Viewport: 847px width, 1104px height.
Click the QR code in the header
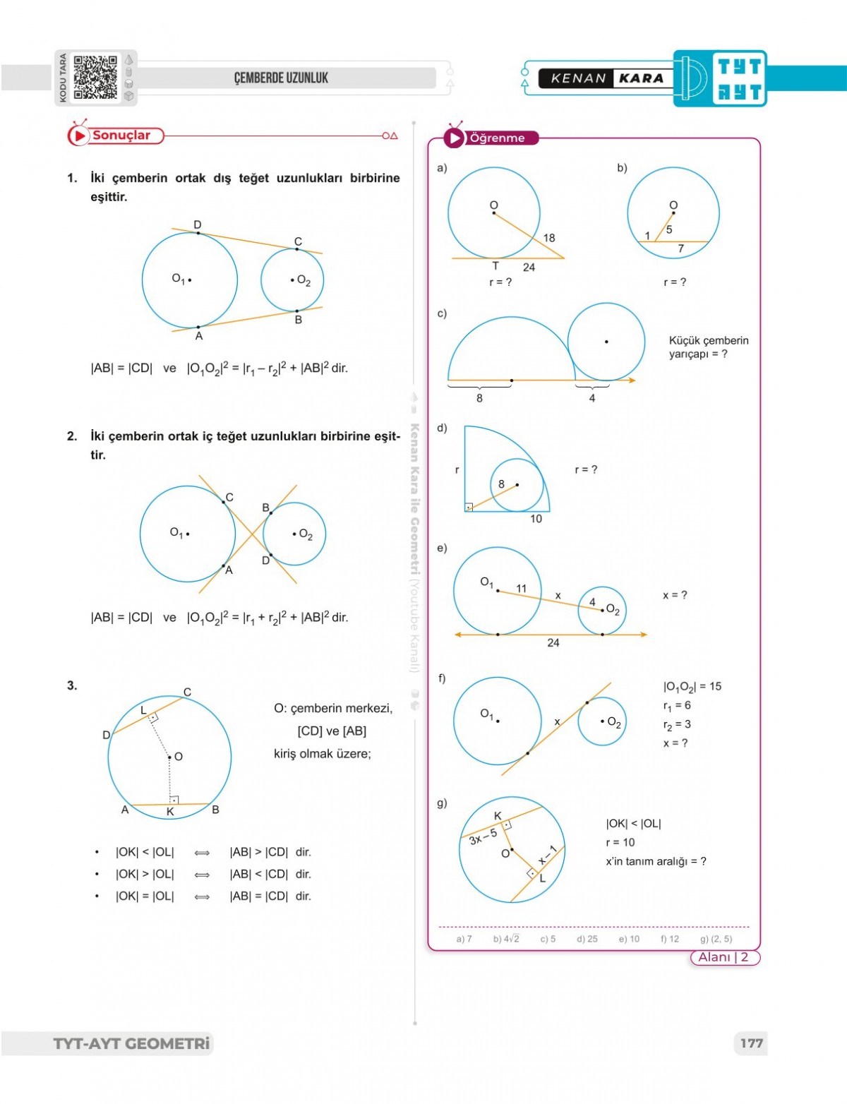point(95,78)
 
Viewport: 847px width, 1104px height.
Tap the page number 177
point(752,1043)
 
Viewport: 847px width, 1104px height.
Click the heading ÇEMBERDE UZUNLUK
point(281,78)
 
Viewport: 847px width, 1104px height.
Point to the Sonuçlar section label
point(121,136)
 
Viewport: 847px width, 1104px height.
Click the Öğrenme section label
point(497,138)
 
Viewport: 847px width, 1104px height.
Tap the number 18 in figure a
point(549,238)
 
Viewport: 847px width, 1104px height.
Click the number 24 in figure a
point(529,268)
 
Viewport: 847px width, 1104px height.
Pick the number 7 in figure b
point(680,248)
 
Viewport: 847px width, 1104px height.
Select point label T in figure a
point(495,266)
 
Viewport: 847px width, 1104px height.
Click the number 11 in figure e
point(521,588)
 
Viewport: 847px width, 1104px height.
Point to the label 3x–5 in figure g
point(483,836)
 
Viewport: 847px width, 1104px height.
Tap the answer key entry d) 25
point(587,939)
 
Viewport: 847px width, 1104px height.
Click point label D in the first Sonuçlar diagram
point(198,224)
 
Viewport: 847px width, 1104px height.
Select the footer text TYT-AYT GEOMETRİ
point(132,1043)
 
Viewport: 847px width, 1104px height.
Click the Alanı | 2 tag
point(723,957)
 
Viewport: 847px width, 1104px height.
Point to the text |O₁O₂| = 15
point(692,686)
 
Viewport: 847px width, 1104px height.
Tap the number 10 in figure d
point(536,519)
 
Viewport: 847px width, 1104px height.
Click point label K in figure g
point(498,816)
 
